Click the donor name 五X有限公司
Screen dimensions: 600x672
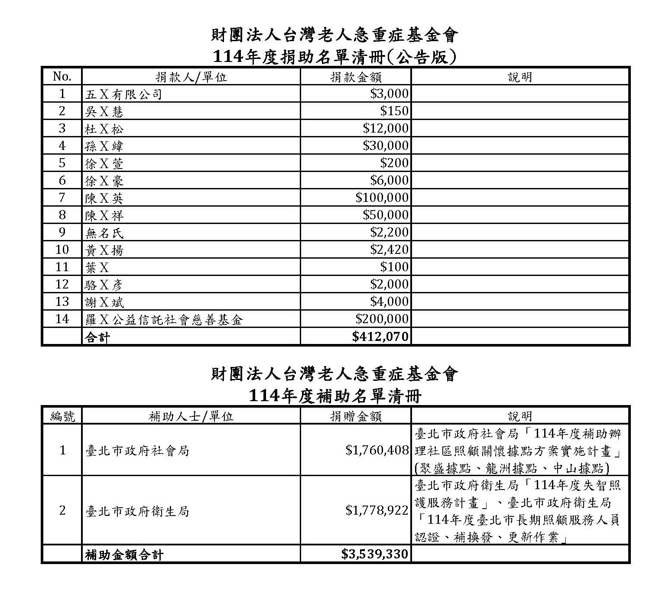click(x=123, y=94)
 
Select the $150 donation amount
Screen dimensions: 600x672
click(x=394, y=111)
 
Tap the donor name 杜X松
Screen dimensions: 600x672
click(x=104, y=129)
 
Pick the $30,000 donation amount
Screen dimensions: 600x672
click(x=385, y=146)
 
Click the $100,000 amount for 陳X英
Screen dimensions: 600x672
click(x=382, y=198)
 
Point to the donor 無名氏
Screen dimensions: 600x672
click(x=104, y=233)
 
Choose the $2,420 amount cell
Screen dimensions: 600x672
click(x=389, y=250)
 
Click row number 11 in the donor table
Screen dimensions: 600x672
click(x=62, y=267)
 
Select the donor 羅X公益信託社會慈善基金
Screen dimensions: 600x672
click(x=164, y=320)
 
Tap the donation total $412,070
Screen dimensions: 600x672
click(x=380, y=337)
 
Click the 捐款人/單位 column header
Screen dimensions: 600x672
click(x=191, y=77)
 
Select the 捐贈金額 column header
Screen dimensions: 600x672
click(x=356, y=416)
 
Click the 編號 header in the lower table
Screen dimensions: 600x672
click(x=62, y=416)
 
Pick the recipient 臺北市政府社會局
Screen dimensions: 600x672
click(x=137, y=451)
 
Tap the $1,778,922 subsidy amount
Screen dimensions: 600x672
click(x=377, y=511)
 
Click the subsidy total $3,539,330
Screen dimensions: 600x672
click(x=374, y=554)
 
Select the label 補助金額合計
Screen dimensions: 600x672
click(x=124, y=555)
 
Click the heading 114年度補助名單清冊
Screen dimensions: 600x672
click(x=335, y=396)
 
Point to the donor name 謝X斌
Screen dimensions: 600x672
click(x=104, y=302)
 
